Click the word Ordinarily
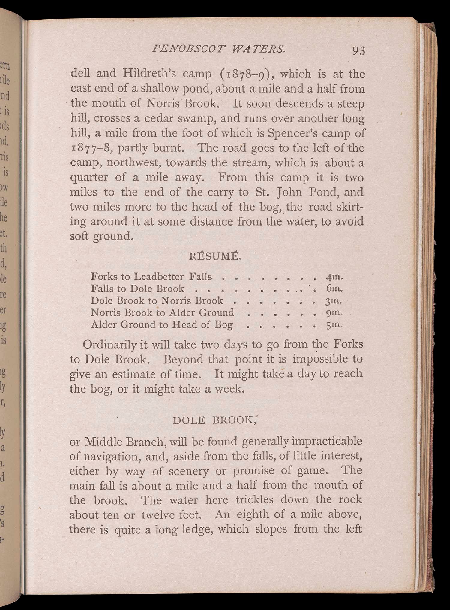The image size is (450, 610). click(110, 344)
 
